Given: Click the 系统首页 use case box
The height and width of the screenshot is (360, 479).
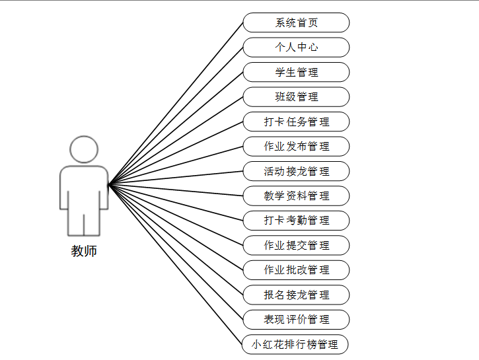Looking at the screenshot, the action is (x=296, y=22).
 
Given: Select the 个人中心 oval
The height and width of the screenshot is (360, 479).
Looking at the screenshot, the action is (x=296, y=48).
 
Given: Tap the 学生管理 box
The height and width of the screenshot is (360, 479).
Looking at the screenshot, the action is (x=296, y=72).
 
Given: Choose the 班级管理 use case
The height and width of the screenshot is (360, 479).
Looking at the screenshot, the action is (x=296, y=97).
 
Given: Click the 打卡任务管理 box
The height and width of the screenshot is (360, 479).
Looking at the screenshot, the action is (x=296, y=122).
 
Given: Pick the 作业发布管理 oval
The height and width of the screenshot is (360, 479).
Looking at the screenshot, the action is (x=296, y=147).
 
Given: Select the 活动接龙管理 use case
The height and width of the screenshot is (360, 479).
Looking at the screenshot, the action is (x=296, y=171).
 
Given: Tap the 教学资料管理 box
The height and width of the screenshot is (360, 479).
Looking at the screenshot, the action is (x=296, y=196).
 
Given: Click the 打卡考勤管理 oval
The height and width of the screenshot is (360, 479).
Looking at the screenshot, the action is (x=296, y=221).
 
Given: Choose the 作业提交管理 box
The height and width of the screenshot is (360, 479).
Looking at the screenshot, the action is (x=296, y=245).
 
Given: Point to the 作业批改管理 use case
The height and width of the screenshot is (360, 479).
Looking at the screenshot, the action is (x=296, y=270).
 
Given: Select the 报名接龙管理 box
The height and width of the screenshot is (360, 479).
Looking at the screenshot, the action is (x=296, y=295).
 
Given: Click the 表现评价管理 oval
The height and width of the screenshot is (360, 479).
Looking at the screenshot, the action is (x=296, y=320).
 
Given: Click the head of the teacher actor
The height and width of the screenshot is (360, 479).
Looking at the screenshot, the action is (x=84, y=150).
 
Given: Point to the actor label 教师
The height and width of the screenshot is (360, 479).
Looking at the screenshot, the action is (x=84, y=252).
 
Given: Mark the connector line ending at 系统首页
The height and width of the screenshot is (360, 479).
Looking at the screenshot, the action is (x=176, y=104).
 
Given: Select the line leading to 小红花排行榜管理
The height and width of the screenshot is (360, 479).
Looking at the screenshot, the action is (x=176, y=264).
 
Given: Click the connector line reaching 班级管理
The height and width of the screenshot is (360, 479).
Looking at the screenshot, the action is (x=176, y=141).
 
